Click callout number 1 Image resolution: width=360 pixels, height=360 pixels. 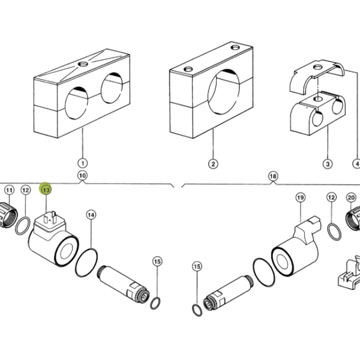point(83,163)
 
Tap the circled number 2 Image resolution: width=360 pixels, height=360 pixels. point(213,164)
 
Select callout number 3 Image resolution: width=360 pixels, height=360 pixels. point(328,164)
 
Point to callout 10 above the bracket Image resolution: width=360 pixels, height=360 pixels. point(82,176)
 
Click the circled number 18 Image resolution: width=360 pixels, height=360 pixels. point(273,176)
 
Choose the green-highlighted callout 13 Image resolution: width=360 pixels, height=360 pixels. point(46,190)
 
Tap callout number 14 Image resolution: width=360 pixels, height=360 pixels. point(91,215)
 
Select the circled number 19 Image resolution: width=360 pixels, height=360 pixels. point(301,197)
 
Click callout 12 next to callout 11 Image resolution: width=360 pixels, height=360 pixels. point(25,190)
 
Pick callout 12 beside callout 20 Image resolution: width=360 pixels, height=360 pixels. point(331,197)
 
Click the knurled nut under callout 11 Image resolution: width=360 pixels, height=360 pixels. point(8,215)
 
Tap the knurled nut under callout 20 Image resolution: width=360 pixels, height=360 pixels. point(353,218)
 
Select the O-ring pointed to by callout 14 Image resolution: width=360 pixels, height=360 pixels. point(86,262)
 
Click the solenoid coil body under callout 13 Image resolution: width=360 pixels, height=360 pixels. point(53,244)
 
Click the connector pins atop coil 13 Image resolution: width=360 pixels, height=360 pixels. point(50,218)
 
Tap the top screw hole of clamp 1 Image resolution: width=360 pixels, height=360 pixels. point(83,64)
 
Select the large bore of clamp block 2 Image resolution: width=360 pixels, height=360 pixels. point(224,92)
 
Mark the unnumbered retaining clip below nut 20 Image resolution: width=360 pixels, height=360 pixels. point(349,274)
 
